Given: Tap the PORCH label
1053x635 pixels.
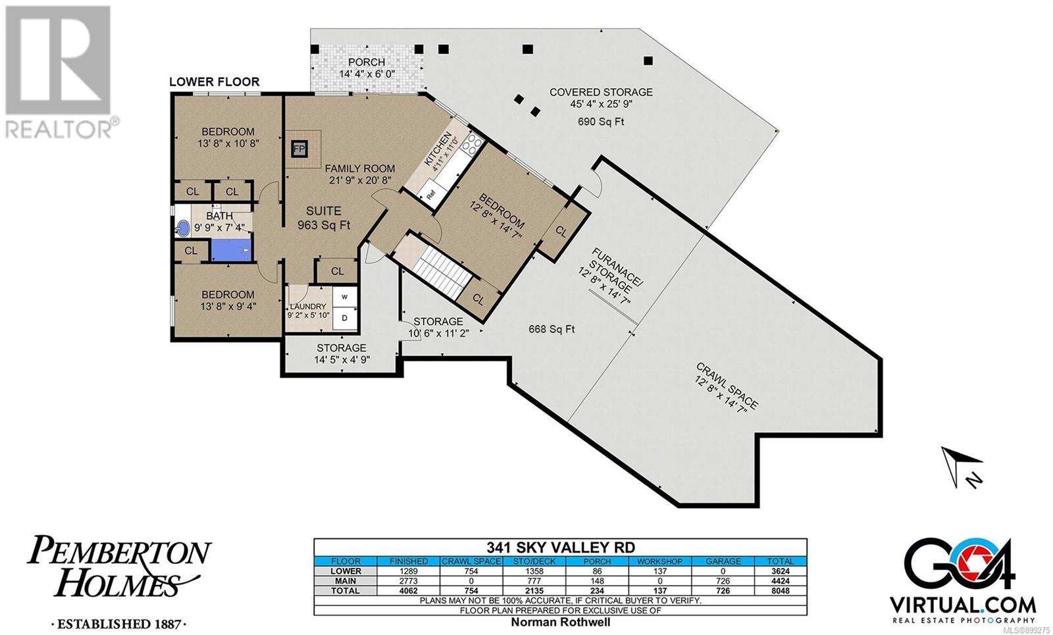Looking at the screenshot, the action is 366,62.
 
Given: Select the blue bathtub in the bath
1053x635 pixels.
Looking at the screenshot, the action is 231,249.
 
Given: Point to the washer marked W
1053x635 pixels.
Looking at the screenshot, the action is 345,297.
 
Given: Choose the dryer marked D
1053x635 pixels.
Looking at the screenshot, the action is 345,318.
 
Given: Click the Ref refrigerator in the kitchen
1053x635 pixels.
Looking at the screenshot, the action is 431,193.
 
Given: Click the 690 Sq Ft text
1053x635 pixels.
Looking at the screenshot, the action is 601,122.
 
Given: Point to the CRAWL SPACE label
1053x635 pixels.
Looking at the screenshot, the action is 727,385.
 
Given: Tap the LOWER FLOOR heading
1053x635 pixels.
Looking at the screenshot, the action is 215,82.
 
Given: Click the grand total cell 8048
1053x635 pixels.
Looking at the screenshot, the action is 781,591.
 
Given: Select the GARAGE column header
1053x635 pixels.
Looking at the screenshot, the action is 723,561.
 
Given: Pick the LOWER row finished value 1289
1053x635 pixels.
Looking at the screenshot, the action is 409,571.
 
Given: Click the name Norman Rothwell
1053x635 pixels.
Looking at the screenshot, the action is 560,622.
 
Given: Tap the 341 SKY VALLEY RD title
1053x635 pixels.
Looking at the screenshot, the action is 560,547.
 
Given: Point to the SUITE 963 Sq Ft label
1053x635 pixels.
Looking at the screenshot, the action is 324,218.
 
